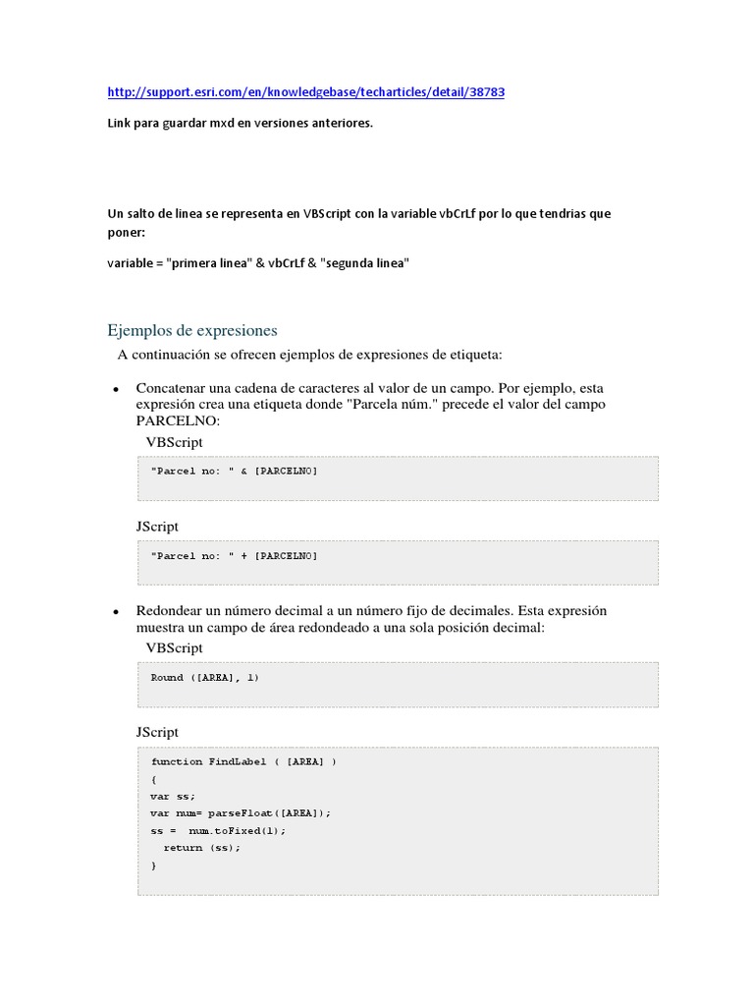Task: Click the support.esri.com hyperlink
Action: [x=305, y=92]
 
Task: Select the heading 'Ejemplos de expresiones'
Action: [x=192, y=330]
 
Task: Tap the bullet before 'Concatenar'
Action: [x=115, y=390]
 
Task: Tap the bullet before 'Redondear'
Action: [x=115, y=612]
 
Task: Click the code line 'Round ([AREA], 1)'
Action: [x=204, y=678]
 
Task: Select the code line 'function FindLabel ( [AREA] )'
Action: [x=243, y=761]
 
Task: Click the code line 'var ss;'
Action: [x=174, y=796]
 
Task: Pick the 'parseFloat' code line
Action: [x=242, y=812]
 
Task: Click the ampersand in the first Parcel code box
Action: [x=243, y=472]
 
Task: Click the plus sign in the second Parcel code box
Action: [x=243, y=556]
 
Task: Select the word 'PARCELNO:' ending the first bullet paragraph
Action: [x=179, y=420]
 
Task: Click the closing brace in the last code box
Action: [x=154, y=866]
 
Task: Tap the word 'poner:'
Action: [x=125, y=233]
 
